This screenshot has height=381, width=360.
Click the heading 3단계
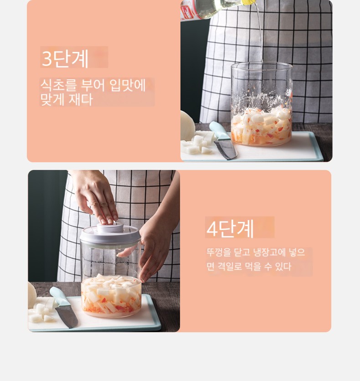coord(65,58)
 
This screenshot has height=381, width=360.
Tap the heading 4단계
coord(230,228)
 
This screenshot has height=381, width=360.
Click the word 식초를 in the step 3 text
coord(58,85)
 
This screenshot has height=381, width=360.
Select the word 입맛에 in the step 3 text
coord(128,85)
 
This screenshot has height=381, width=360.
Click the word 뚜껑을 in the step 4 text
coord(219,252)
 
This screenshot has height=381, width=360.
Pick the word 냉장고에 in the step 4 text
coord(269,252)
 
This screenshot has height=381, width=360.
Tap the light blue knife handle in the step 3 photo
coord(220,131)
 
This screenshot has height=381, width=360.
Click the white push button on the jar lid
coord(110,228)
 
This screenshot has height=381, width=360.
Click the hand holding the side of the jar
coord(153,250)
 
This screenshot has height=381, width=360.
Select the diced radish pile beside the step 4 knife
coord(41,313)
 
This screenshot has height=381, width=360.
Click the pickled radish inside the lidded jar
coord(111,295)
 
